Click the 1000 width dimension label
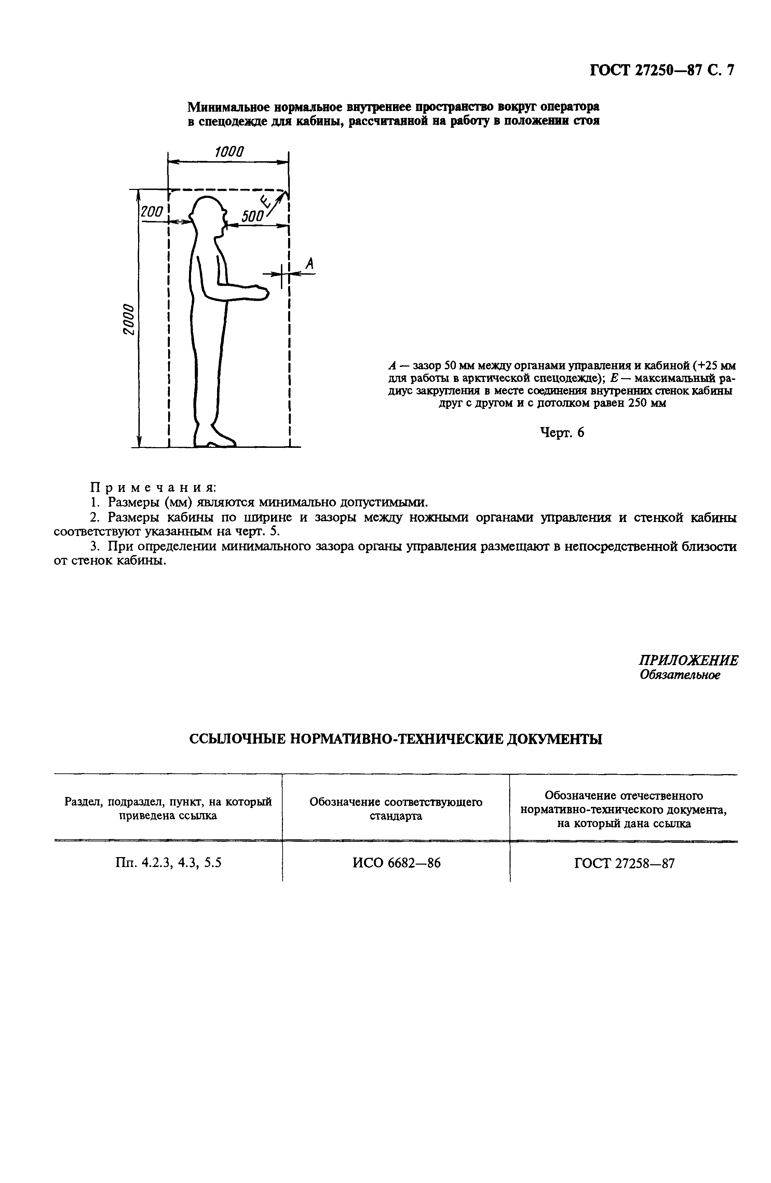click(x=229, y=152)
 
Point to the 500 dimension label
click(x=252, y=216)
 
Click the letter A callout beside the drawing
click(x=309, y=264)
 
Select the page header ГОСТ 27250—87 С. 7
click(x=662, y=71)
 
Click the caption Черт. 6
click(x=562, y=433)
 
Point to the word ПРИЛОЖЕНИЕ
click(x=688, y=661)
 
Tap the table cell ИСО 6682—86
click(x=396, y=863)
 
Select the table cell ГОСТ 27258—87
click(x=624, y=863)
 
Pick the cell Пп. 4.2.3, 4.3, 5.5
click(x=168, y=863)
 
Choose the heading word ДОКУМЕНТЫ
click(x=554, y=740)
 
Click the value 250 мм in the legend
click(x=647, y=403)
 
